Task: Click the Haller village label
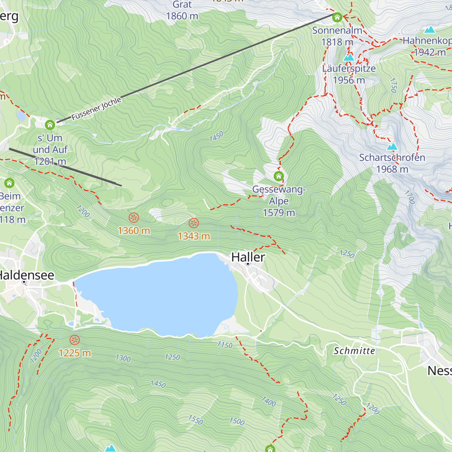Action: click(x=248, y=257)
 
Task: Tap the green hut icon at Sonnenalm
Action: click(x=337, y=17)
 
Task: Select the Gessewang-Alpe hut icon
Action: click(x=279, y=176)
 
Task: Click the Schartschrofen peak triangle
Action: click(x=392, y=147)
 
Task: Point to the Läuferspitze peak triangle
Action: click(x=349, y=58)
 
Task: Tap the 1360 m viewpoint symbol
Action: click(x=134, y=217)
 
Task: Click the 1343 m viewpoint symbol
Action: click(x=194, y=223)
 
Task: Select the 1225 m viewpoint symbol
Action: click(x=75, y=340)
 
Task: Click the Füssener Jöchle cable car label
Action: click(x=96, y=108)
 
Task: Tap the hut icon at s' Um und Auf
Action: click(x=50, y=125)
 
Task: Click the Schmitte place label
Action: click(x=354, y=351)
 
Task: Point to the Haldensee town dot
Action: click(x=24, y=282)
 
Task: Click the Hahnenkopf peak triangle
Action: click(x=429, y=30)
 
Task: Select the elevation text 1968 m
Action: click(x=392, y=169)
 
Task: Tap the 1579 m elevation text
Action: click(x=279, y=212)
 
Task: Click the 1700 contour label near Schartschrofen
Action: click(x=409, y=197)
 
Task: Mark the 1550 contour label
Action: click(x=195, y=420)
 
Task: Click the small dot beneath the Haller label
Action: click(x=248, y=264)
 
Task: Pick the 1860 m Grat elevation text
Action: click(x=182, y=16)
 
